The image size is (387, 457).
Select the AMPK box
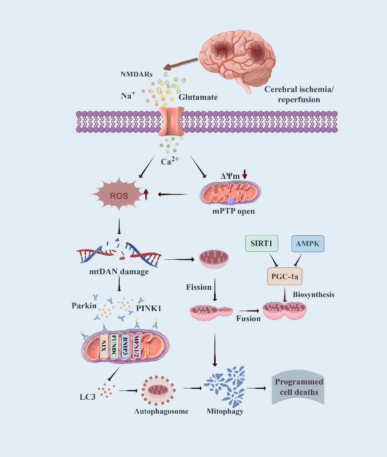pyautogui.click(x=308, y=243)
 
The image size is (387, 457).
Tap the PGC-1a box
pyautogui.click(x=285, y=276)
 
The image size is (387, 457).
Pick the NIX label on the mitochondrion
pyautogui.click(x=104, y=346)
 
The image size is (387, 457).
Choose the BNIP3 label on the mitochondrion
pyautogui.click(x=125, y=346)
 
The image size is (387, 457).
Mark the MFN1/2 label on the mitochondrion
pyautogui.click(x=136, y=346)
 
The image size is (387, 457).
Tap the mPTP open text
pyautogui.click(x=233, y=211)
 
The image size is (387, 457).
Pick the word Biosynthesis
pyautogui.click(x=313, y=295)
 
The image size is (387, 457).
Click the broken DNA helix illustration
pyautogui.click(x=119, y=253)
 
